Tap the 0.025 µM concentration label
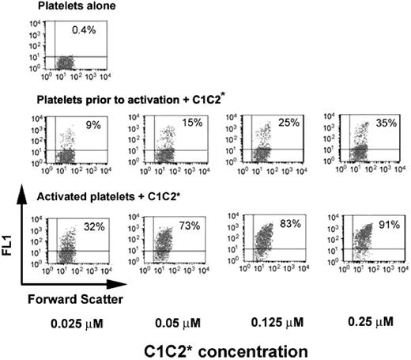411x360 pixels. click(67, 324)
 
